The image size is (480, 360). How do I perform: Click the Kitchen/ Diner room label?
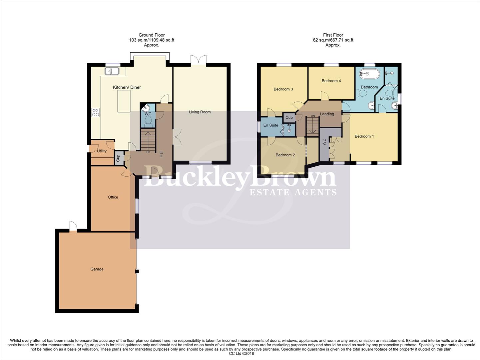(127, 87)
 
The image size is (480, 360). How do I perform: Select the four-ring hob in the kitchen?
(96, 113)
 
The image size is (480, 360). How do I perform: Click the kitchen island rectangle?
(124, 101)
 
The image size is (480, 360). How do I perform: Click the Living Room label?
(200, 112)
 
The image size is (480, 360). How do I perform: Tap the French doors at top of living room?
(199, 60)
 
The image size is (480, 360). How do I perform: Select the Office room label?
(113, 197)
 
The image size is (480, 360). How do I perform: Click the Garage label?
(97, 269)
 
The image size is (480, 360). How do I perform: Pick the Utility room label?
(102, 151)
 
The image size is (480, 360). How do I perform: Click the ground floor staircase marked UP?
(148, 141)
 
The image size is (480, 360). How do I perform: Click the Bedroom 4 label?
(331, 81)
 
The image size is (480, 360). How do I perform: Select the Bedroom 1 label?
(364, 136)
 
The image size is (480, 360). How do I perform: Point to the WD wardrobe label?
(324, 142)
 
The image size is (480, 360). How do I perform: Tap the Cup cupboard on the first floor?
(289, 117)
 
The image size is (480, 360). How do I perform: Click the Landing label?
(327, 114)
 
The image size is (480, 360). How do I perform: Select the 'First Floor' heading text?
(333, 35)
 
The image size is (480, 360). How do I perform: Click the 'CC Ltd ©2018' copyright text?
(241, 354)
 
